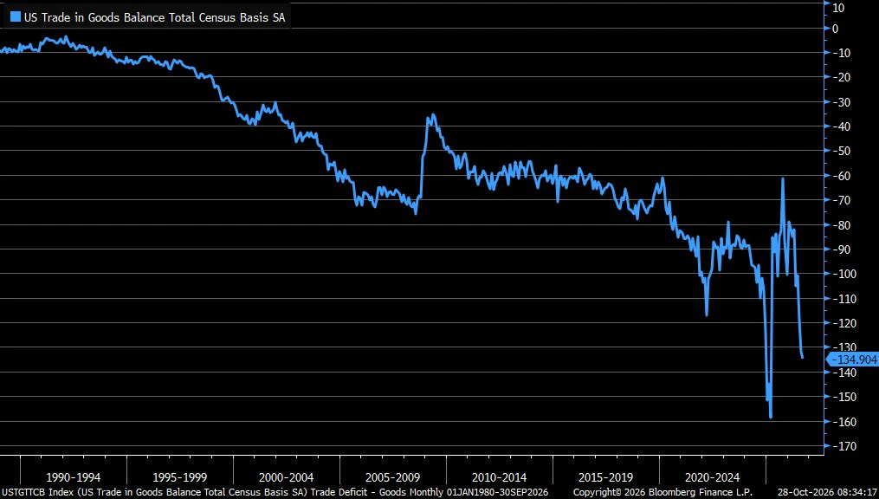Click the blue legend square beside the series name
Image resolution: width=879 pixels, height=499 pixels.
(15, 17)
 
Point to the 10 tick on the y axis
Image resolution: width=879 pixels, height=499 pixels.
(838, 7)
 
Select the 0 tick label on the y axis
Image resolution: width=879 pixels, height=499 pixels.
(836, 29)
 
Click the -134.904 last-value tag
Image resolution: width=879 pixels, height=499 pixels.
(853, 360)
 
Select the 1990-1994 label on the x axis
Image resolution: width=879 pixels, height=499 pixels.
(74, 477)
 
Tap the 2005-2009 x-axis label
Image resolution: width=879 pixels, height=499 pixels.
(393, 477)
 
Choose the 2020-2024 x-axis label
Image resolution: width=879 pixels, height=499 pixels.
(713, 477)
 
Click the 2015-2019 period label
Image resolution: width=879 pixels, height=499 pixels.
(606, 477)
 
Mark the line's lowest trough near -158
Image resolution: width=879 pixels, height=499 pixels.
(771, 418)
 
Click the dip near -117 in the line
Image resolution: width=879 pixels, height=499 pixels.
(707, 315)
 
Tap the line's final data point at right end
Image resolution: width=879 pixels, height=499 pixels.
(803, 358)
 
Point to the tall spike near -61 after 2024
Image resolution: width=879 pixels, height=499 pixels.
(783, 178)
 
